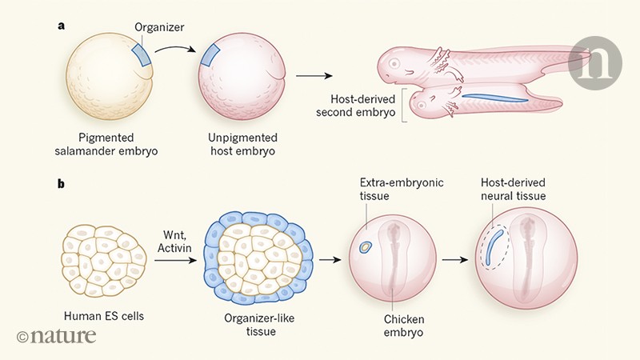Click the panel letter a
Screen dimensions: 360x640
click(61, 26)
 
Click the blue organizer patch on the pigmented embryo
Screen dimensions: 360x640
click(141, 56)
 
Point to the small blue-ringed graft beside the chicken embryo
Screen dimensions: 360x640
click(366, 248)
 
